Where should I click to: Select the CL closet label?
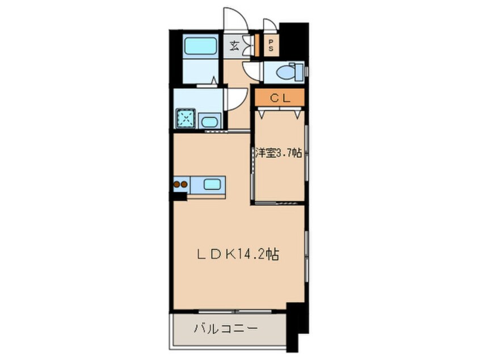click(280, 98)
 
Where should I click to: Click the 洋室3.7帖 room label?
click(278, 153)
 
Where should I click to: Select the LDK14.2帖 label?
click(238, 256)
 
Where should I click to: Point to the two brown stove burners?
click(180, 184)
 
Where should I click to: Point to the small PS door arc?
click(270, 25)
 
